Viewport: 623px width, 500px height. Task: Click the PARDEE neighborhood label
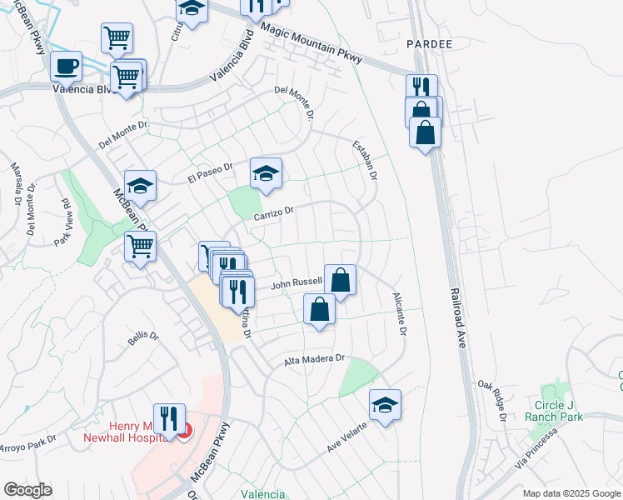430,43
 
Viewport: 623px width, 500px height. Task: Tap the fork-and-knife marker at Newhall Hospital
170,418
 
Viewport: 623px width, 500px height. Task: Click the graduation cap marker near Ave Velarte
385,405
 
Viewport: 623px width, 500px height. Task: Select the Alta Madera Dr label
314,359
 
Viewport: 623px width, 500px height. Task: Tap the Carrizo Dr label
275,214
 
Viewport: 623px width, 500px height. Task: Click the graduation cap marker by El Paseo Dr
266,173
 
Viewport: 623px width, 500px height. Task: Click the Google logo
27,490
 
